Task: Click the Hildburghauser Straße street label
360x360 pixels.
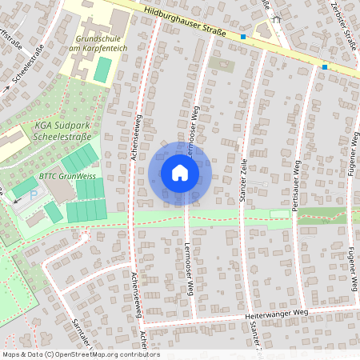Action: (186, 22)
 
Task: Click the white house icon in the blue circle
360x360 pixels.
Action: (180, 173)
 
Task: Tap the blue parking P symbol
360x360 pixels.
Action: (33, 194)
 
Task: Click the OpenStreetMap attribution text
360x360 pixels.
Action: (80, 354)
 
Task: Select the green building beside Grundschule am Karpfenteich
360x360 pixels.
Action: (102, 69)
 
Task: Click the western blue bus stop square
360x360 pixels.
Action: (243, 37)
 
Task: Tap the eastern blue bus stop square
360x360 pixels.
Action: (325, 67)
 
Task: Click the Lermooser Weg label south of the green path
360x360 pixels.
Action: (190, 264)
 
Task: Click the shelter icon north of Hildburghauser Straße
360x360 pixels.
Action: (276, 18)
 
